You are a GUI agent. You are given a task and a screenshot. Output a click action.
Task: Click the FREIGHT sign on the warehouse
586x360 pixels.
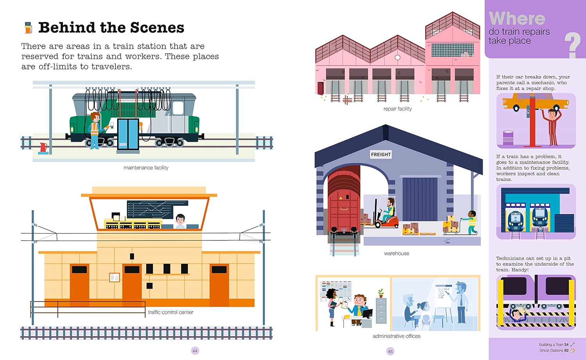(381, 155)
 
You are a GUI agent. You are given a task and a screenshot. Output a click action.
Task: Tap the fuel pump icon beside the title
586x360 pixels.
(28, 27)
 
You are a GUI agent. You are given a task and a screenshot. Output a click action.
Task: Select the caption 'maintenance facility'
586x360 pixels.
(146, 168)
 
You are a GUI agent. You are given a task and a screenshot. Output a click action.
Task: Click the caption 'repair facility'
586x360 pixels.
(397, 109)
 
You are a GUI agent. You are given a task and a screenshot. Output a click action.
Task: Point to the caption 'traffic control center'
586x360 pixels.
(171, 312)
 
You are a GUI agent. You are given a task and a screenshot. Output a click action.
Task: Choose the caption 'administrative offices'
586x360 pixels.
(397, 336)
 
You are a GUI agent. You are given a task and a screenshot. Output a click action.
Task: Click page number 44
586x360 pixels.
(195, 351)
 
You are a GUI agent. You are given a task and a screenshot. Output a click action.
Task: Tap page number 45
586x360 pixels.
(390, 351)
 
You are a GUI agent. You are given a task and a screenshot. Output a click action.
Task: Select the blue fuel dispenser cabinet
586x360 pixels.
(128, 134)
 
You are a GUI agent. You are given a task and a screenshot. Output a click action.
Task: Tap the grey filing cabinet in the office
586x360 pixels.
(381, 311)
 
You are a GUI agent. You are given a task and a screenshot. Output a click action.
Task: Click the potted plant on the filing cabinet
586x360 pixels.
(381, 293)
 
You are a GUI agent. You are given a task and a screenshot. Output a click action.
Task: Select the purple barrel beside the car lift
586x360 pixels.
(508, 138)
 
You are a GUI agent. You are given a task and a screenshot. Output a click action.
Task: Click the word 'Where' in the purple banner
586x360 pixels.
(517, 19)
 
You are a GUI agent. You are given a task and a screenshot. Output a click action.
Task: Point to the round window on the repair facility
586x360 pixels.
(397, 57)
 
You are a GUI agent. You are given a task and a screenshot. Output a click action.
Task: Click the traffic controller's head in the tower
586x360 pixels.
(180, 219)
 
